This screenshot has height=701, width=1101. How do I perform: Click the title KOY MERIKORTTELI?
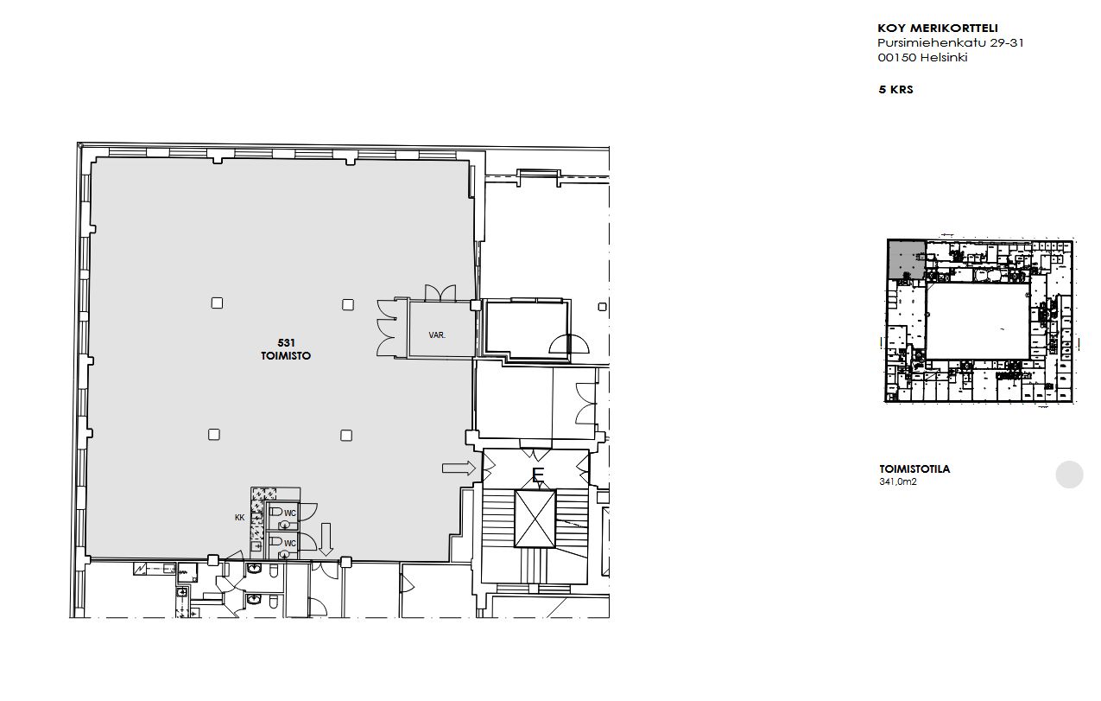click(937, 29)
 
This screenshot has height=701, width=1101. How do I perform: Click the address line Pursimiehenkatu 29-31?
click(951, 43)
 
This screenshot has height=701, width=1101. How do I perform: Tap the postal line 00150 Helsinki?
click(922, 58)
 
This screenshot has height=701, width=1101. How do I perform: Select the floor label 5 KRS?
click(895, 90)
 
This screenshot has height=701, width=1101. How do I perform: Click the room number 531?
click(286, 342)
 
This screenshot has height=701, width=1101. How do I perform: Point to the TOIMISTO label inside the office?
click(286, 355)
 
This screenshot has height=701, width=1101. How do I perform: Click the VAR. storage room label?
click(437, 335)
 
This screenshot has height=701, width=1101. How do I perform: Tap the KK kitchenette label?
click(240, 518)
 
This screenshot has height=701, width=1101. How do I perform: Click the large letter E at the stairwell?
click(538, 475)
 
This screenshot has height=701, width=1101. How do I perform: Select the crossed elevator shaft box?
click(535, 518)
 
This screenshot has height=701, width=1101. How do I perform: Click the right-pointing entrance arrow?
click(459, 468)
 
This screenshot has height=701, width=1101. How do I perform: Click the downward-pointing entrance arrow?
click(326, 539)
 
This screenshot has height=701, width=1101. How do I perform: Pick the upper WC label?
click(290, 513)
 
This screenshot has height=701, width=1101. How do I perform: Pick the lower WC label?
click(290, 543)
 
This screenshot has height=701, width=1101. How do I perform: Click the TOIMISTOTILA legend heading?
click(914, 469)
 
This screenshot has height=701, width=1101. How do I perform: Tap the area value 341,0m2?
click(898, 482)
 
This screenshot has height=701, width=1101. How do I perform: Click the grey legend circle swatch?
click(1070, 475)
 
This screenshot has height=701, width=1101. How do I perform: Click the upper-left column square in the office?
click(217, 303)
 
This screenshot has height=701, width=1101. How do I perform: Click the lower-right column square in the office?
click(346, 436)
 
